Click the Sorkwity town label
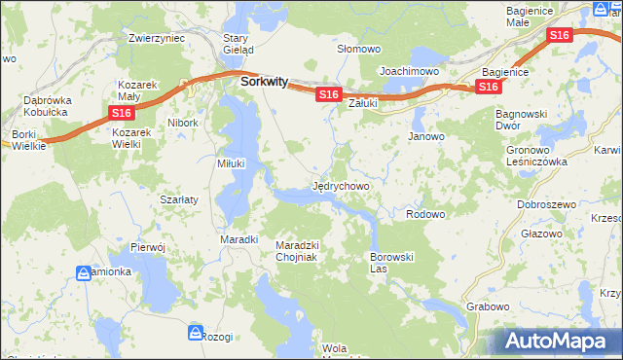pyautogui.click(x=264, y=83)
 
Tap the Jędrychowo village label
pyautogui.click(x=340, y=184)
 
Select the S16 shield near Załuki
pyautogui.click(x=327, y=94)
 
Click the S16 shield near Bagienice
pyautogui.click(x=488, y=88)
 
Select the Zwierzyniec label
pyautogui.click(x=156, y=39)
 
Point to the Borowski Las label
pyautogui.click(x=392, y=262)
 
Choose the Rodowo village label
pyautogui.click(x=424, y=214)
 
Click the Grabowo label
pyautogui.click(x=488, y=306)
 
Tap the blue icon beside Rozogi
pyautogui.click(x=194, y=334)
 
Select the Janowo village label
pyautogui.click(x=426, y=136)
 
